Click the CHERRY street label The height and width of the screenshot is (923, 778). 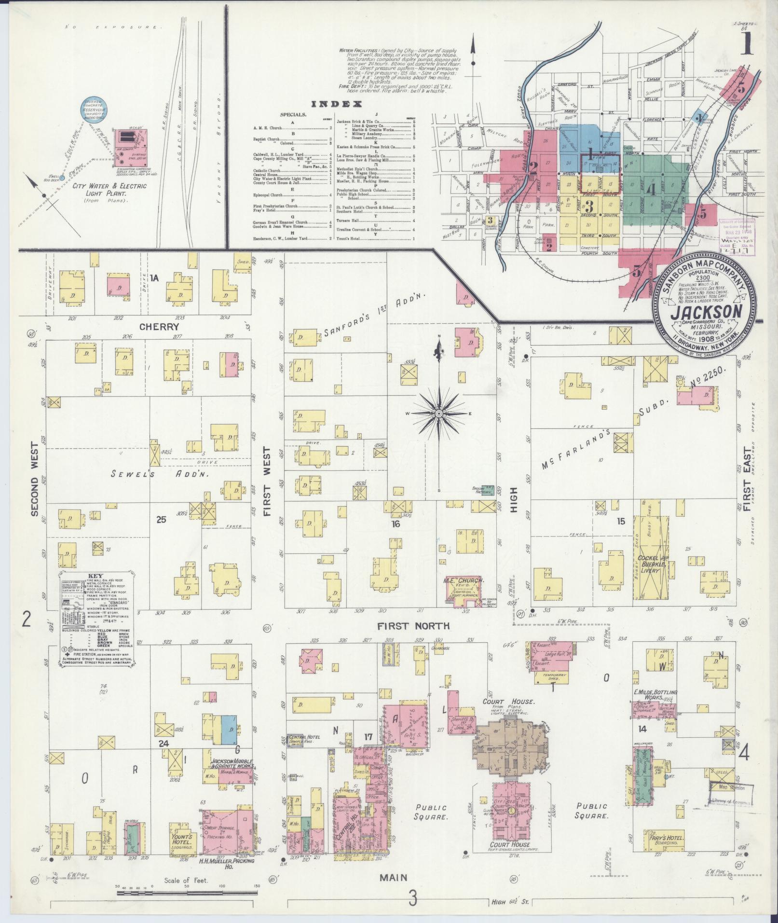point(153,326)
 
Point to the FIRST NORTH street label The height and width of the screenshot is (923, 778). point(413,626)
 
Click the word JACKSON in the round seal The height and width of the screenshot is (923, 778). point(705,312)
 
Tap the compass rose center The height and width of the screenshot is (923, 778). point(439,414)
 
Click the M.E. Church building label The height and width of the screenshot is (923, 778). point(463,581)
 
